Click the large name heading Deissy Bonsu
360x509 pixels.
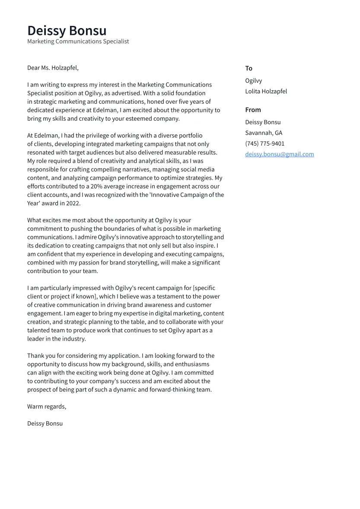(x=67, y=31)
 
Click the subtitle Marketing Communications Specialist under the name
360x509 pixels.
(x=78, y=41)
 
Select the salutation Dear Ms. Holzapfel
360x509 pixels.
(x=53, y=68)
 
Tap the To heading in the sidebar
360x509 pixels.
(x=248, y=68)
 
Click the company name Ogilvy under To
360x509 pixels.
(x=253, y=81)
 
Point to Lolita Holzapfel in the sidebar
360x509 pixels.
(x=266, y=92)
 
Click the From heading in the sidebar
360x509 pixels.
(x=253, y=110)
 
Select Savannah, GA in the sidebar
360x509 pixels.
(x=264, y=133)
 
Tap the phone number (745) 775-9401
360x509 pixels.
(x=264, y=144)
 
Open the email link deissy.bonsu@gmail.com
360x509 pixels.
(x=279, y=154)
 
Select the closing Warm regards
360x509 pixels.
(x=46, y=407)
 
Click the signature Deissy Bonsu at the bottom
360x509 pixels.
(x=45, y=423)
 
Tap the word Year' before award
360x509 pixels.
(x=35, y=204)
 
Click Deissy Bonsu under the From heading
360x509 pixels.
(x=263, y=122)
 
